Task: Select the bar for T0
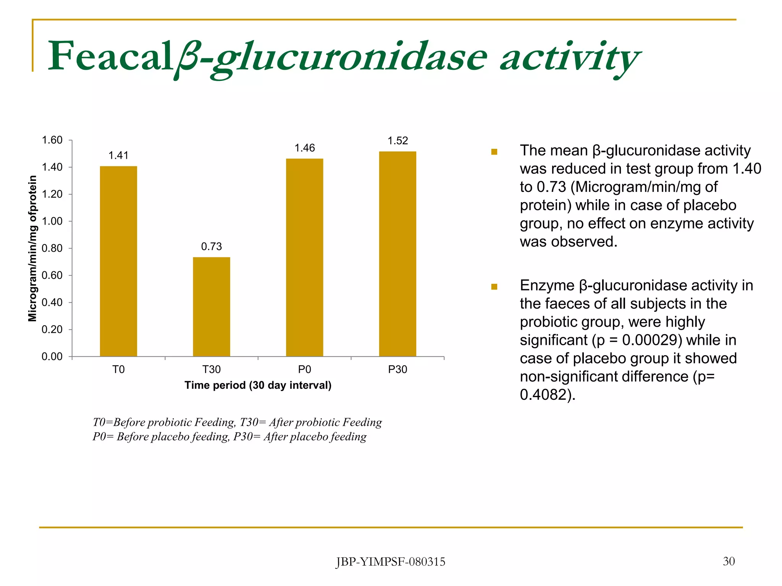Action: (x=118, y=261)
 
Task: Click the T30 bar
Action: (x=212, y=307)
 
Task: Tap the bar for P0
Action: (x=304, y=258)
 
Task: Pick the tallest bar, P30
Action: (x=397, y=254)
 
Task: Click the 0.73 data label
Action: (x=212, y=246)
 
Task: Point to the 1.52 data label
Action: (x=397, y=141)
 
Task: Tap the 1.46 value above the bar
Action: (x=304, y=148)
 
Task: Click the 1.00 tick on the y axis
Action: (x=52, y=221)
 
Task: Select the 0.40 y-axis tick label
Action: (x=52, y=303)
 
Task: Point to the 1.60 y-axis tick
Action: (x=52, y=140)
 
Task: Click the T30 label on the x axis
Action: (x=212, y=369)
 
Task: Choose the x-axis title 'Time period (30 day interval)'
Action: (x=258, y=385)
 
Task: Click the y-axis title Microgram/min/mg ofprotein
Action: (x=33, y=248)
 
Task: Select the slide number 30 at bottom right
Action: (x=729, y=561)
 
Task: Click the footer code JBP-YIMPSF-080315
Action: (x=390, y=562)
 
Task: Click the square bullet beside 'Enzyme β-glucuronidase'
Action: (x=494, y=287)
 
